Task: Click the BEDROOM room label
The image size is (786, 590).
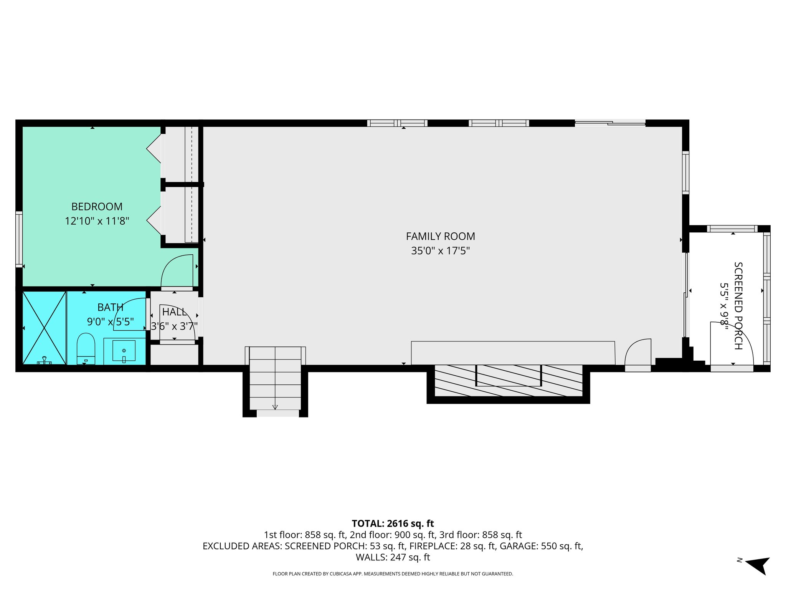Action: (x=97, y=207)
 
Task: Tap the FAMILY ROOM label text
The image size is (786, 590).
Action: (x=440, y=236)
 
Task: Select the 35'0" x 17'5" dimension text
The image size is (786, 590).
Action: (x=440, y=251)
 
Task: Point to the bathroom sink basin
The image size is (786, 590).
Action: (x=124, y=350)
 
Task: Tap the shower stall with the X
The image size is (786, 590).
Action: (x=44, y=328)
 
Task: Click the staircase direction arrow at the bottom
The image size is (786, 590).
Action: (x=275, y=407)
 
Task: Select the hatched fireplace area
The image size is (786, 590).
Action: (x=508, y=380)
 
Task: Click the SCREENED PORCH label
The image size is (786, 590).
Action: (x=738, y=306)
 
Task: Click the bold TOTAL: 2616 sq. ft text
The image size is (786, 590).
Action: (x=393, y=524)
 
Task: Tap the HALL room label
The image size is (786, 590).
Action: (x=174, y=312)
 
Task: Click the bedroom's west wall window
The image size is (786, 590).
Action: (x=19, y=239)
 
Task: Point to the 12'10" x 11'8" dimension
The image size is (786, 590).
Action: (x=97, y=221)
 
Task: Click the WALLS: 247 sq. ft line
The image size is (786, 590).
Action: (x=393, y=557)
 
